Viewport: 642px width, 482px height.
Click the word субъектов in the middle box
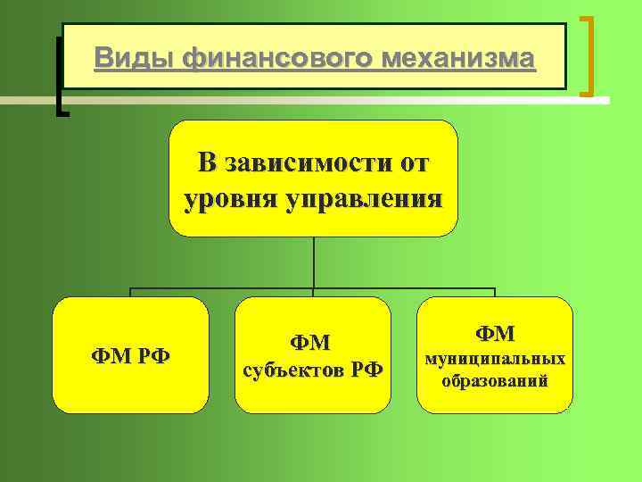[x=290, y=370]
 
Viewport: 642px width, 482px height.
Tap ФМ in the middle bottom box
[x=311, y=342]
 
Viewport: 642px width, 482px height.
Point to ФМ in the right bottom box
[x=495, y=333]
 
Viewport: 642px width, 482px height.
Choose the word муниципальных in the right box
[x=495, y=359]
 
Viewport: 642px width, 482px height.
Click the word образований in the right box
[x=495, y=381]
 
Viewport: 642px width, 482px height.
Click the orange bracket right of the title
[x=588, y=55]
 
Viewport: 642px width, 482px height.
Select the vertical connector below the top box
[x=313, y=262]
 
